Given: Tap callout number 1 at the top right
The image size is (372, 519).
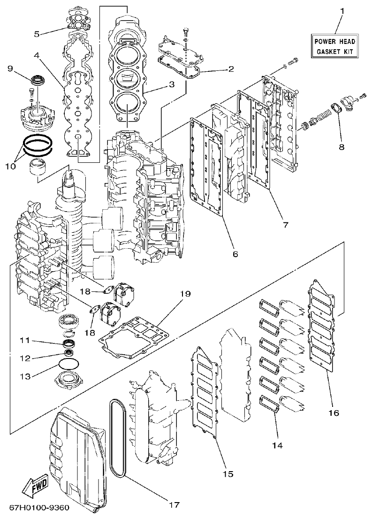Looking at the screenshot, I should (x=342, y=11).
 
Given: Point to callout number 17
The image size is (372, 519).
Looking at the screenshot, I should (x=174, y=505).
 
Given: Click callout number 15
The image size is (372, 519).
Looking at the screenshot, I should (x=228, y=473).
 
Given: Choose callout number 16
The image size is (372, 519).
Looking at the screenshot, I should (x=333, y=413).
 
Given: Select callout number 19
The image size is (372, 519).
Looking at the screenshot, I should (x=186, y=294).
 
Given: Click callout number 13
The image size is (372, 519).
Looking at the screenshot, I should (x=25, y=375).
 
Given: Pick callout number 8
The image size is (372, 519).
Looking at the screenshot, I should (x=341, y=147).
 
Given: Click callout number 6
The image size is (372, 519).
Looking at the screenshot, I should (x=235, y=254).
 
